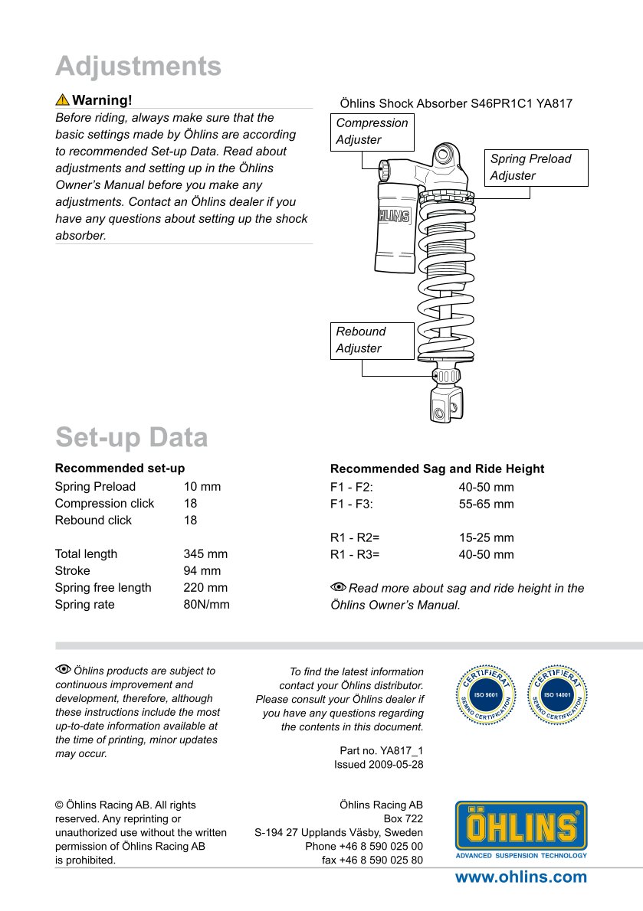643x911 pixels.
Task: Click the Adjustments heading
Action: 138,67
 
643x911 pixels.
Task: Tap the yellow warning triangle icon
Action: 62,100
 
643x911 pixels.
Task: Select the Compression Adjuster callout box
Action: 372,132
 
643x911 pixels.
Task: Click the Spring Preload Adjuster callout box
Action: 538,168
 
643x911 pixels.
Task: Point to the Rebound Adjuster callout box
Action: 372,340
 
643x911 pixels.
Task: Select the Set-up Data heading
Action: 131,438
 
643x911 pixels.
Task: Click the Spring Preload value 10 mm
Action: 202,487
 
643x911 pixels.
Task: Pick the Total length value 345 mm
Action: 205,554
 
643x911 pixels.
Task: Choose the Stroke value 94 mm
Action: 202,571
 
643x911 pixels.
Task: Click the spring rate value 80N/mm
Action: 206,605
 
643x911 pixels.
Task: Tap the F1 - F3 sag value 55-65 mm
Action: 486,504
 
